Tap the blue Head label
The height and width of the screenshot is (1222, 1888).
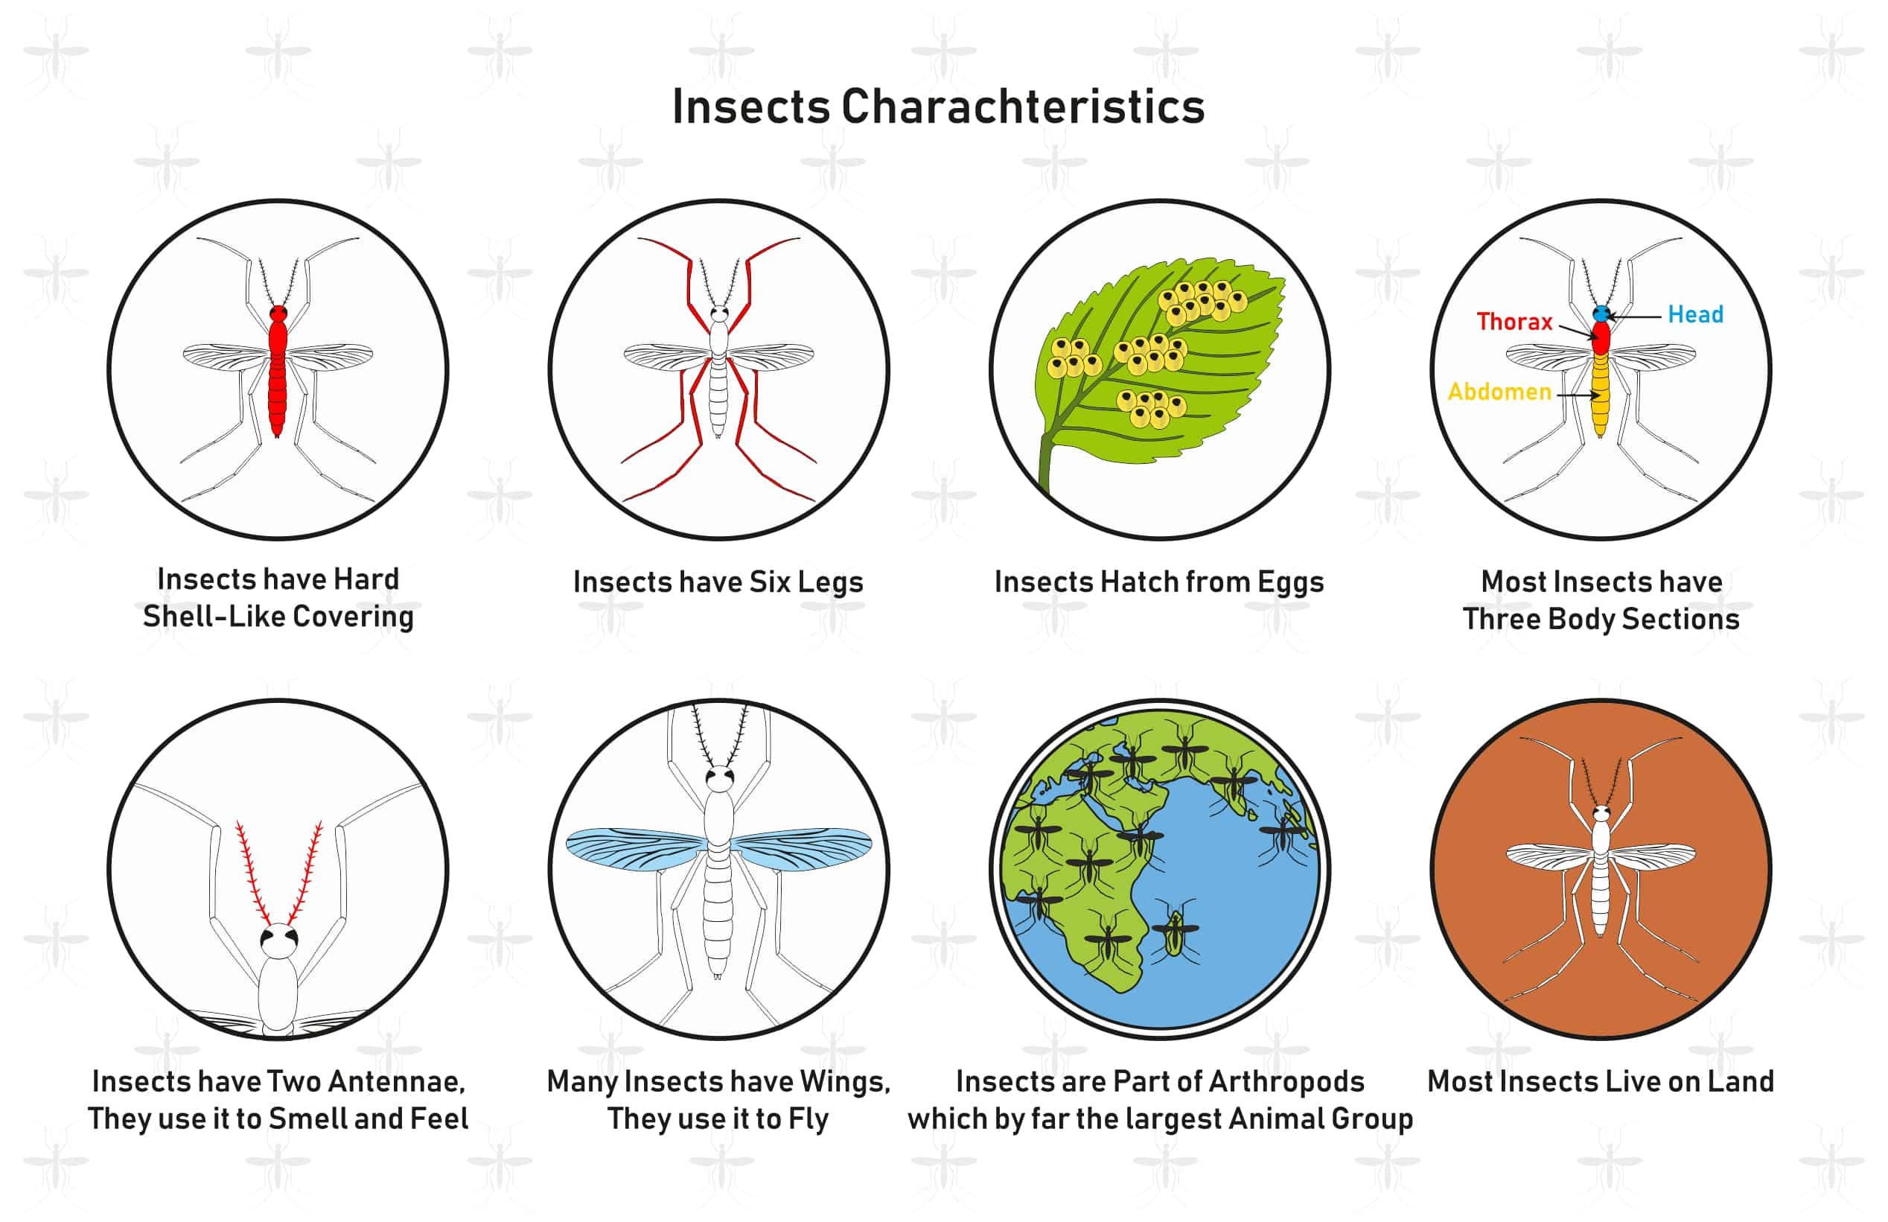(1695, 314)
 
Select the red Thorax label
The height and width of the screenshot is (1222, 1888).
(1514, 322)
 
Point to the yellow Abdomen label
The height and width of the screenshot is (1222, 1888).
(1499, 391)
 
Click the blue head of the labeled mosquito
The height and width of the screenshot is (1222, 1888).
(1601, 314)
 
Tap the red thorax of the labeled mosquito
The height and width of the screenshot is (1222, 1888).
(1601, 337)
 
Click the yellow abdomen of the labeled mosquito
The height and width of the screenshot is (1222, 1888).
(1601, 395)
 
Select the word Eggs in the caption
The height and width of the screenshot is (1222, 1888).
(1291, 583)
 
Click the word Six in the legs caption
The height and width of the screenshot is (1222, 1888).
(770, 582)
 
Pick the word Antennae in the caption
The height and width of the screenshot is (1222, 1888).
(396, 1081)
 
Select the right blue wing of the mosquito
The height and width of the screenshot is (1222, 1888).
(801, 849)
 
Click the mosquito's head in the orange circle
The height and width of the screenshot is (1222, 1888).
(1601, 813)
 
